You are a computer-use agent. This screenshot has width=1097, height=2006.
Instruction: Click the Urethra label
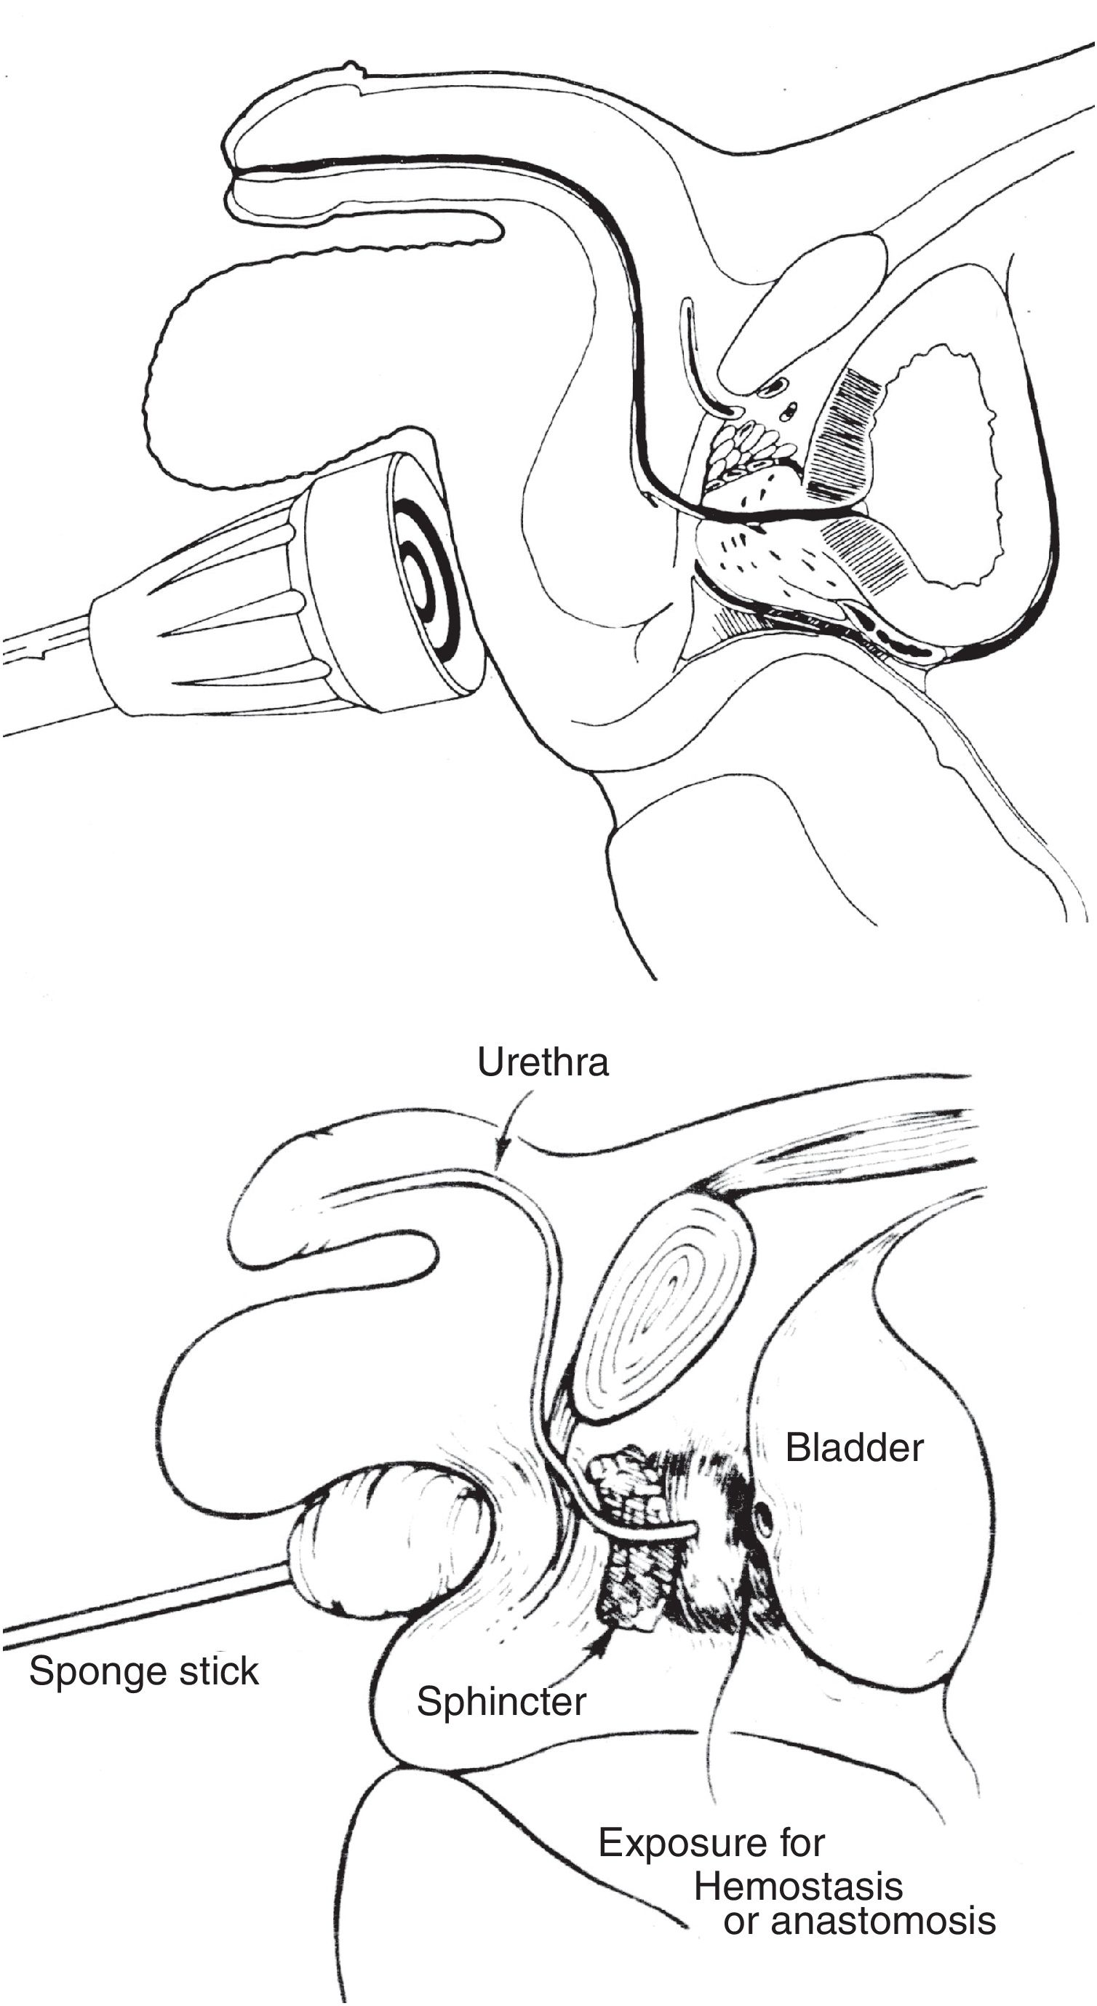[542, 1062]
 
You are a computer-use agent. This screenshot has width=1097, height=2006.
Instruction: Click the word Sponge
[97, 1671]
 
